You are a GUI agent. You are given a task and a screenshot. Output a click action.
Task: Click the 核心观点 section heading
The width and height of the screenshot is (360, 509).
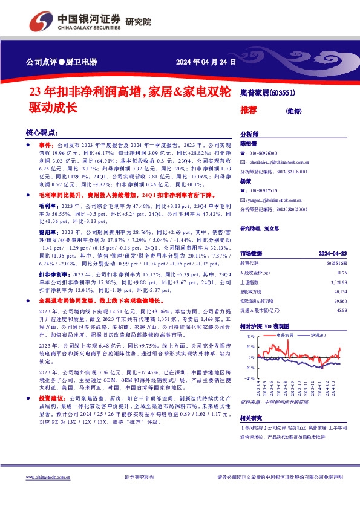point(42,132)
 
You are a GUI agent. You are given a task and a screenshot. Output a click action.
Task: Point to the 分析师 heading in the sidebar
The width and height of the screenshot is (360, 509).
point(249,135)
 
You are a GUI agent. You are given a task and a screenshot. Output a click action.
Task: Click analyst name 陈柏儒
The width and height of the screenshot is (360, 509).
point(249,144)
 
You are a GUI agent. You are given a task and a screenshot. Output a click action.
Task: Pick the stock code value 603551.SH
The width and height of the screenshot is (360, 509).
point(336,264)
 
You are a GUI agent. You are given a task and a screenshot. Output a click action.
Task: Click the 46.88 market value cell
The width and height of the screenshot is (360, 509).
point(340,310)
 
